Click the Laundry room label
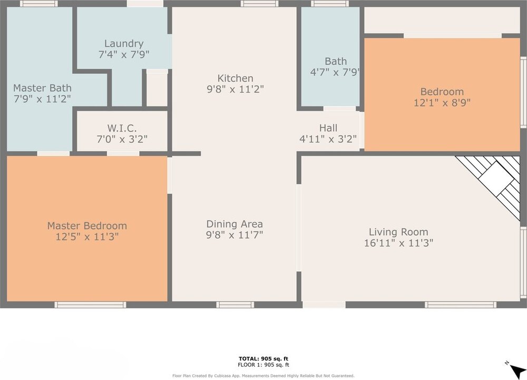(x=124, y=43)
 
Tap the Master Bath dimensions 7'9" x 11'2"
(x=42, y=99)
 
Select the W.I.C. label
(x=122, y=128)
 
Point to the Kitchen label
(x=235, y=78)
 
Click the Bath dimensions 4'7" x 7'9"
(x=335, y=72)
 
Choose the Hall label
(x=328, y=128)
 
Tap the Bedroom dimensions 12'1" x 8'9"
(x=442, y=103)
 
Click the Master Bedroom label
(x=87, y=226)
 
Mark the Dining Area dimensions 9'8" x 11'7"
(x=235, y=235)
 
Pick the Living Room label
(x=398, y=232)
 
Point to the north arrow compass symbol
(x=516, y=371)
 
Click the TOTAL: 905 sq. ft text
(x=263, y=358)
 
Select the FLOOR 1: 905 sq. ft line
(x=263, y=365)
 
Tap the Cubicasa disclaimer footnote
(x=263, y=376)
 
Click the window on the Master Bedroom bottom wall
(x=91, y=305)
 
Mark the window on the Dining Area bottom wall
(x=235, y=305)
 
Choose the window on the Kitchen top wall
(x=259, y=4)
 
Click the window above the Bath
(x=330, y=4)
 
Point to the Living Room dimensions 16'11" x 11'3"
(x=398, y=243)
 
